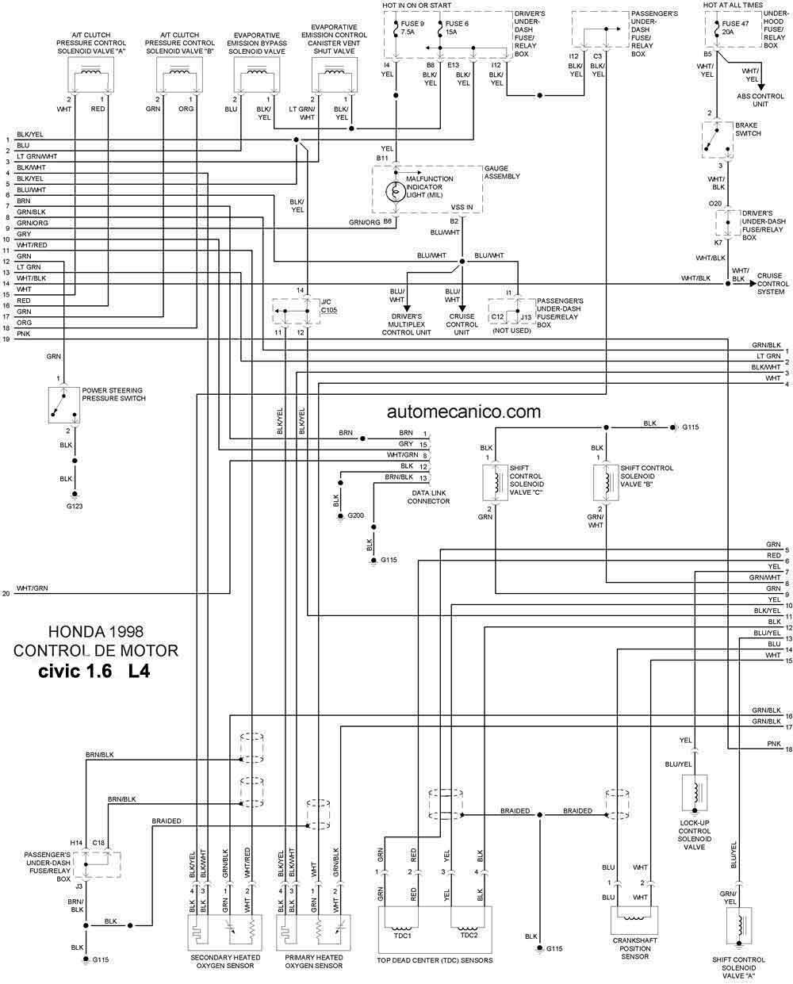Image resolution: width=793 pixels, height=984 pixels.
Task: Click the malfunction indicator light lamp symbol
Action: (396, 192)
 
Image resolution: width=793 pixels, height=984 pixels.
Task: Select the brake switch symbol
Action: (718, 140)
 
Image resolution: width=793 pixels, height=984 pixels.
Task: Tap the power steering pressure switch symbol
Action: (64, 405)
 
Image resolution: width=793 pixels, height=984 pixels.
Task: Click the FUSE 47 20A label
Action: (735, 28)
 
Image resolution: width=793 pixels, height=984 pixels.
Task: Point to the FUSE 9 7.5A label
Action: (412, 28)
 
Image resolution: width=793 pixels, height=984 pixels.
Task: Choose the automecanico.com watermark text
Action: (464, 412)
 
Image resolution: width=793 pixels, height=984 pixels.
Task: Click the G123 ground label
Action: (74, 506)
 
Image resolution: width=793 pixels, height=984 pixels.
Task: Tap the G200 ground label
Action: (355, 515)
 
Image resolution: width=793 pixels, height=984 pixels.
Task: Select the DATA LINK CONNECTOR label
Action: (428, 497)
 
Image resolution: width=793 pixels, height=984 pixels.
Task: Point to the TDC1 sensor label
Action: (402, 936)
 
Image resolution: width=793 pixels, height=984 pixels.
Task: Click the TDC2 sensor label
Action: (469, 935)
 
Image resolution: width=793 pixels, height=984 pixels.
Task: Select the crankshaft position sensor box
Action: (634, 920)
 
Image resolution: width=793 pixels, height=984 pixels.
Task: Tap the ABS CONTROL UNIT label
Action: (760, 100)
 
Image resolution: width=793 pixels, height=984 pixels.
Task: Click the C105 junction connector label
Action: (329, 310)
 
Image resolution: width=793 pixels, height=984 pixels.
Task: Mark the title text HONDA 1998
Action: (96, 631)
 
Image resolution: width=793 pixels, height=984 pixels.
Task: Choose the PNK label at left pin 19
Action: (23, 334)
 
